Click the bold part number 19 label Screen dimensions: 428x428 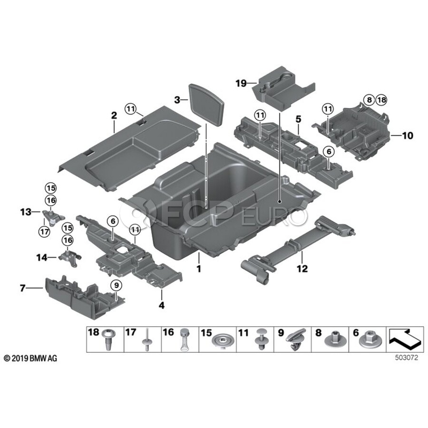pos(241,83)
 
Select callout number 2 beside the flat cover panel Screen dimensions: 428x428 pos(114,115)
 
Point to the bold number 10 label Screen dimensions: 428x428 pos(408,136)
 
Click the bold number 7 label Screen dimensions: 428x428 pos(22,288)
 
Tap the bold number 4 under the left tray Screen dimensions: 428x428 pos(161,305)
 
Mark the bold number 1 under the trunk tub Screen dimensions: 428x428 pos(199,269)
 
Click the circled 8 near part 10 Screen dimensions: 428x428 pos(370,100)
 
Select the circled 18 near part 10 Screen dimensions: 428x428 pos(382,100)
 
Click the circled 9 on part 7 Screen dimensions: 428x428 pos(116,285)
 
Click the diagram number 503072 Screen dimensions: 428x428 pos(406,358)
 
